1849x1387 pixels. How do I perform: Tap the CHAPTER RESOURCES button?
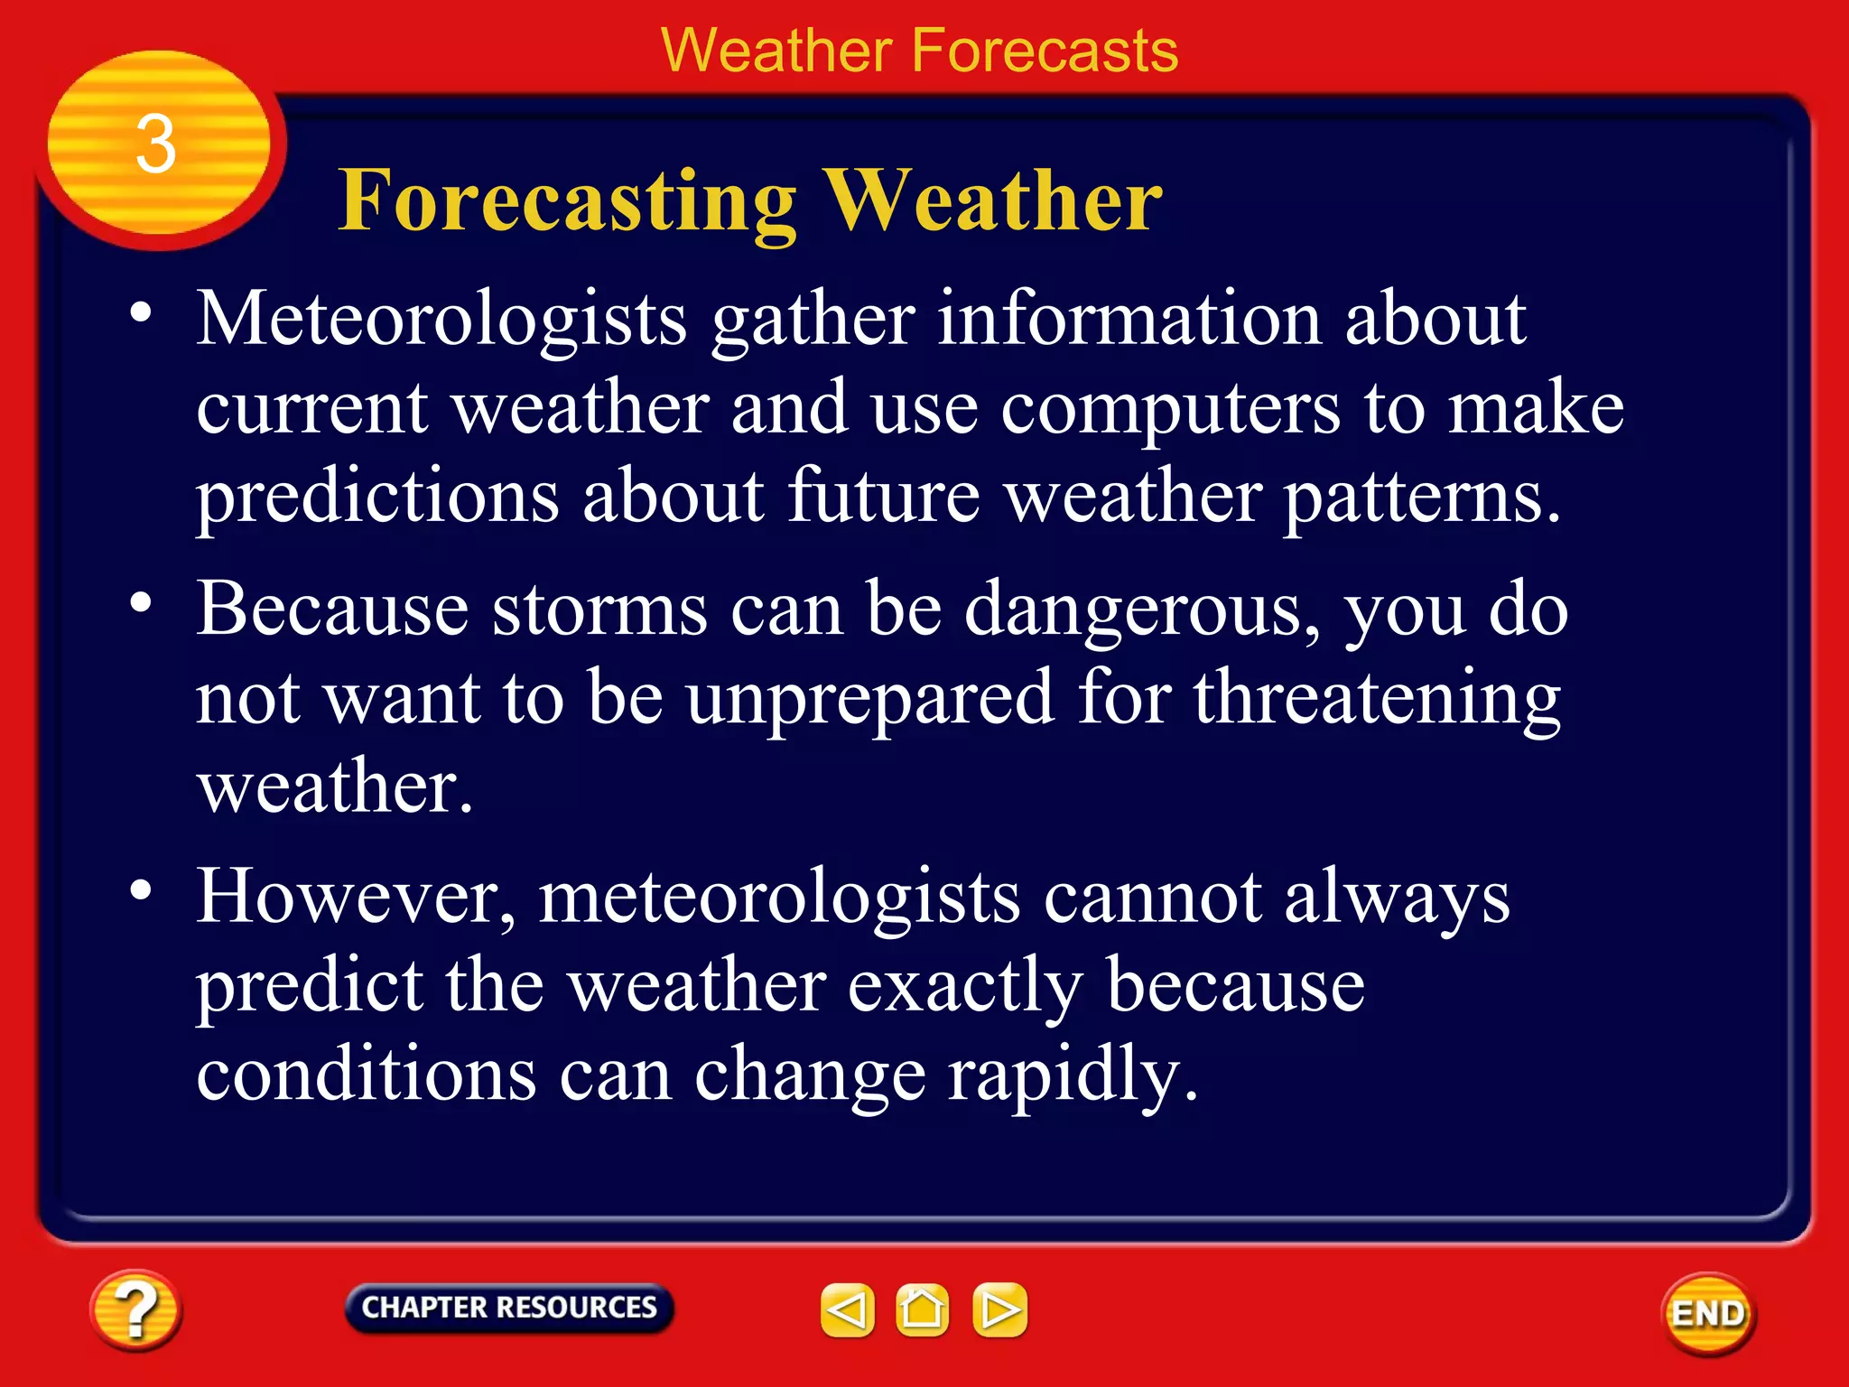coord(509,1308)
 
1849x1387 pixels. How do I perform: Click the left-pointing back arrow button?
coord(847,1309)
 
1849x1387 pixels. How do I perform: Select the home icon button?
coord(922,1309)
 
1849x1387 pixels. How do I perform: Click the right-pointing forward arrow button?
coord(999,1309)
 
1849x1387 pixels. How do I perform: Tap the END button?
coord(1708,1314)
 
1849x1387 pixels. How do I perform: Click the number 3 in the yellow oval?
coord(156,144)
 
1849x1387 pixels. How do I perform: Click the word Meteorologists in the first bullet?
coord(442,320)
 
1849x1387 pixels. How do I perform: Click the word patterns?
coord(1421,497)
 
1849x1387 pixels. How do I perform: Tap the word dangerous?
coord(1142,610)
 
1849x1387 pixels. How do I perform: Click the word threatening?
coord(1378,698)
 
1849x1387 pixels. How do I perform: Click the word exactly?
coord(965,986)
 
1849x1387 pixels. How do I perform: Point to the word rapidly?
coord(1073,1075)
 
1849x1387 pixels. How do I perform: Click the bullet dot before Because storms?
coord(140,602)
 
